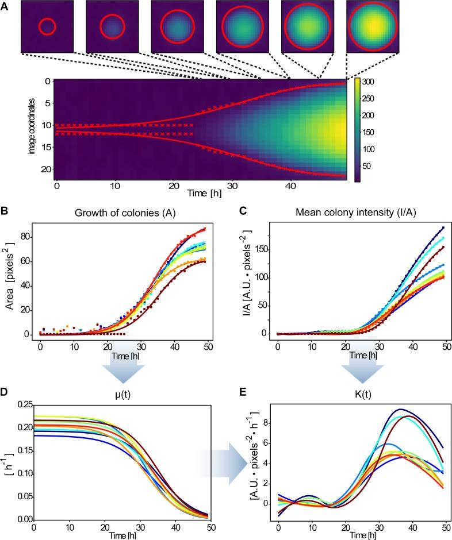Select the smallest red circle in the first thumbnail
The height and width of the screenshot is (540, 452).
coord(47,26)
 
